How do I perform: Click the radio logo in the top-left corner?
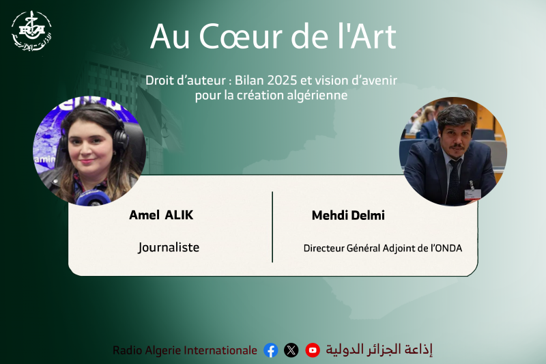tap(31, 31)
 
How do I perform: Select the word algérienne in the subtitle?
tap(318, 96)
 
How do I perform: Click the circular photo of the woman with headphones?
tap(89, 151)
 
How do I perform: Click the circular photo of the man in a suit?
tap(452, 152)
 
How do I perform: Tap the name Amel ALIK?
tap(161, 215)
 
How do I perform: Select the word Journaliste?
tap(169, 247)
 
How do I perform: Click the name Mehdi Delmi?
tap(348, 215)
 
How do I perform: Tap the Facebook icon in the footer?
tap(271, 350)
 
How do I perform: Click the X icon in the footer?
tap(291, 350)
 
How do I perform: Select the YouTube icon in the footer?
tap(313, 350)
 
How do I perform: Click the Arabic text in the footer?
tap(379, 350)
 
